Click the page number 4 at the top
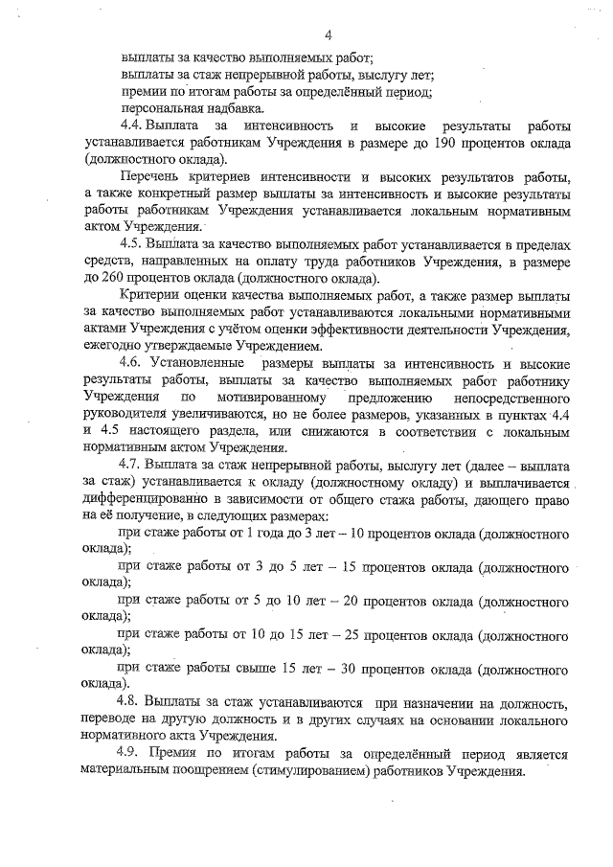pyautogui.click(x=327, y=36)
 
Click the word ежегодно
pyautogui.click(x=117, y=346)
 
